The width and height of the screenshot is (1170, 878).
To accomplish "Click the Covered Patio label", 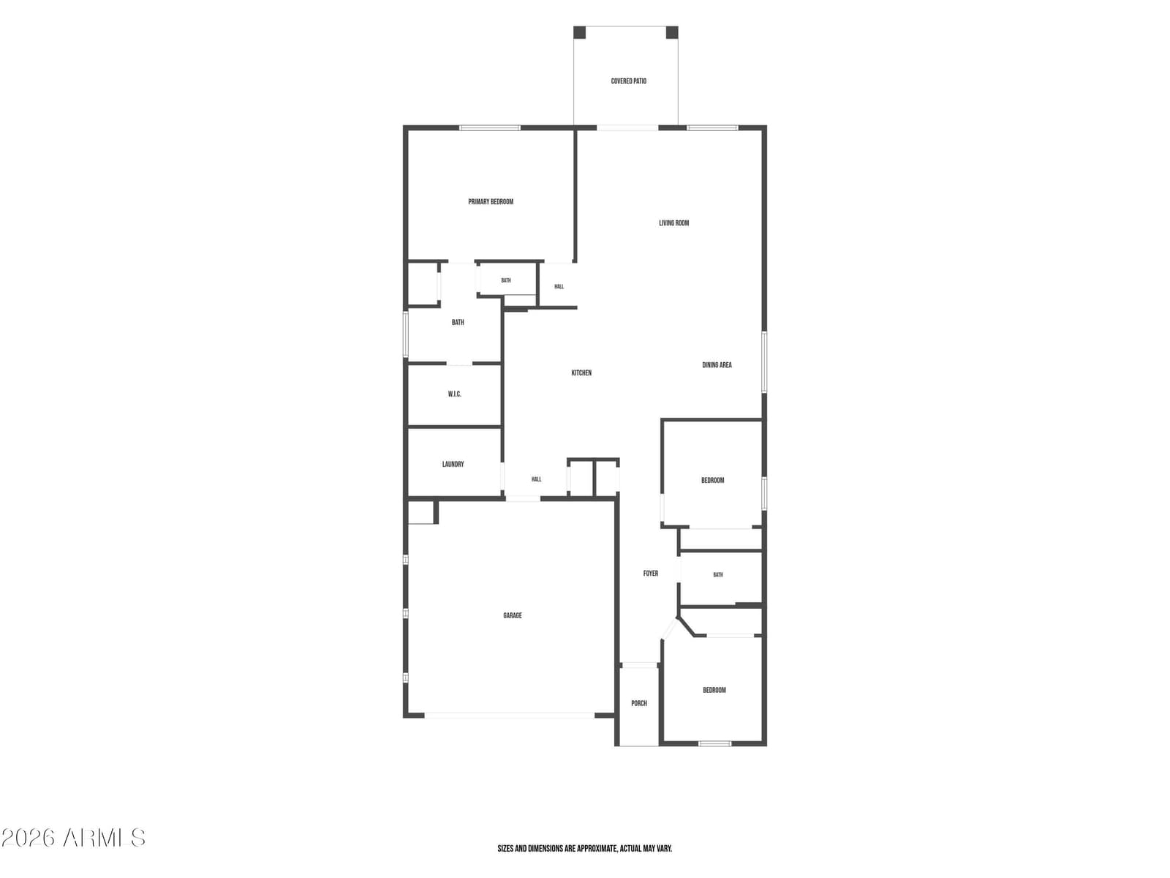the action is point(628,81).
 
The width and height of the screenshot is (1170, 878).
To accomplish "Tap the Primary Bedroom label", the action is point(491,201).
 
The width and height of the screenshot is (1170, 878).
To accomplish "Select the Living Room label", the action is point(673,223).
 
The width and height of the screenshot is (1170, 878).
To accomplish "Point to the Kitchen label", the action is point(581,372).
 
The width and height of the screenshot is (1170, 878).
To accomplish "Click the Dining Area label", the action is point(717,364).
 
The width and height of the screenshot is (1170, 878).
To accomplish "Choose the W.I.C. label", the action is point(454,394).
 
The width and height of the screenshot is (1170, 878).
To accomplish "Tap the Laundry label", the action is point(453,464).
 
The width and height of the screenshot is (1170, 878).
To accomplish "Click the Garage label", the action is point(513,615).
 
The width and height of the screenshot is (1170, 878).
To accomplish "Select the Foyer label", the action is point(650,573).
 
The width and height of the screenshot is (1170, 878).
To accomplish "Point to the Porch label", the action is point(638,703).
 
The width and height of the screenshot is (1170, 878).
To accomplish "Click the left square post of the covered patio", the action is point(579,32).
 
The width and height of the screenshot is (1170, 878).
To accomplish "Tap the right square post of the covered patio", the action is point(672,32).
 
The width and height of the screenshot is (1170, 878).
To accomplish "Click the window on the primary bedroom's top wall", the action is point(489,128).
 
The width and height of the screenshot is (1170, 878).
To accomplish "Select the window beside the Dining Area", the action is point(764,361).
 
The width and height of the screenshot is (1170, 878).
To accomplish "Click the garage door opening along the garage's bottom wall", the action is point(509,716).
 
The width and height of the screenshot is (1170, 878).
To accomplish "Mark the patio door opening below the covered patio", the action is point(627,128).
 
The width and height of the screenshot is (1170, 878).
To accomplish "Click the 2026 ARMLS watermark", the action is point(73,838).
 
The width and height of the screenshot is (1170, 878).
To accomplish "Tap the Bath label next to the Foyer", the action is point(717,574).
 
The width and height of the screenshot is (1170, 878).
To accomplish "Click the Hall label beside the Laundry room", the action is point(536,479).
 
